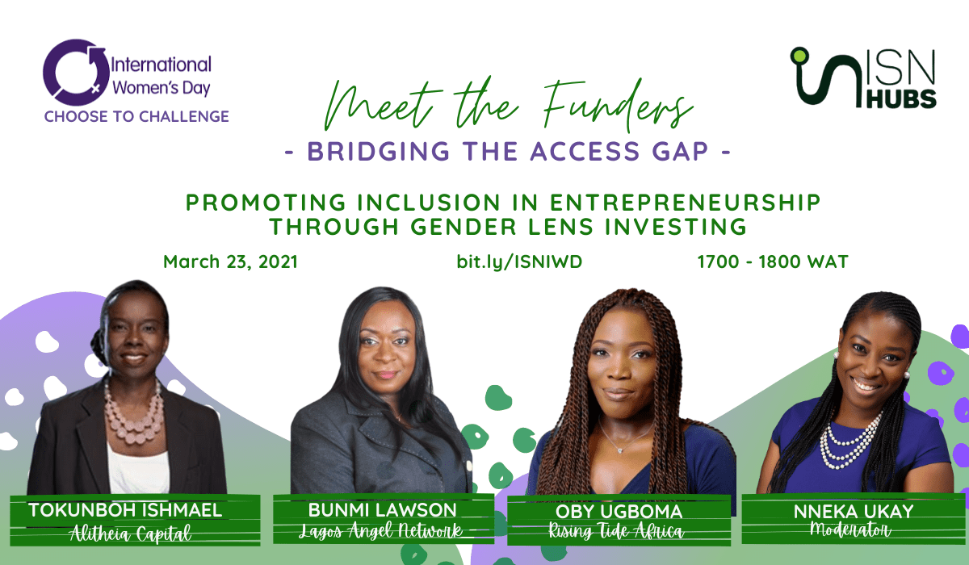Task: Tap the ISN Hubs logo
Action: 863,77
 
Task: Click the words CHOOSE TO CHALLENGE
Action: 136,117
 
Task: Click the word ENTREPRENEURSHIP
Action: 685,203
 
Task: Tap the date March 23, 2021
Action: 231,262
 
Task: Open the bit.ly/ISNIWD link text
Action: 519,262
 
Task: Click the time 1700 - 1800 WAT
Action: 773,262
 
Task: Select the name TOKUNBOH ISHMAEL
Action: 125,510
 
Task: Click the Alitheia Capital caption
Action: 131,534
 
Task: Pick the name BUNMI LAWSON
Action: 383,510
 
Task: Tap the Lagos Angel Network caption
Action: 381,530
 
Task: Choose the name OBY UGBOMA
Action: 619,512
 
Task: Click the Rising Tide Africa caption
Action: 616,531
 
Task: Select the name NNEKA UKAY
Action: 854,512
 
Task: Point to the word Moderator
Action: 850,530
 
